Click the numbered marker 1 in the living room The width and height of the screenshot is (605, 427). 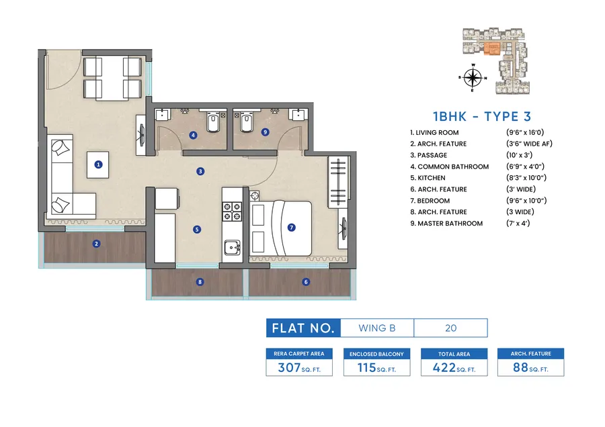coord(98,163)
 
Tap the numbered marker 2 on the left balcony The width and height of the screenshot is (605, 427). coord(97,244)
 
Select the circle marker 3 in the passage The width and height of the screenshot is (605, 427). coord(200,171)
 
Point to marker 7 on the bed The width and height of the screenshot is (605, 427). coord(291,227)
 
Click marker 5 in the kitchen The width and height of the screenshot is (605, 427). coord(196,229)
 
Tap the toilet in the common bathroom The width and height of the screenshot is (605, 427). coord(212,124)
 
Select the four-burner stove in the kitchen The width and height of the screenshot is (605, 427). coord(232,211)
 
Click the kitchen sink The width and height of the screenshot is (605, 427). coord(233,247)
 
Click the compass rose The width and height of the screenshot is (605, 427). coord(473,77)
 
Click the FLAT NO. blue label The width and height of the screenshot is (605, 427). coord(303,328)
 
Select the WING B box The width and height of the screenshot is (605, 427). coord(377,328)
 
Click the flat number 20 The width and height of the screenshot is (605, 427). coord(450,328)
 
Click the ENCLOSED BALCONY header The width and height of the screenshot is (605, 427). coord(376,354)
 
